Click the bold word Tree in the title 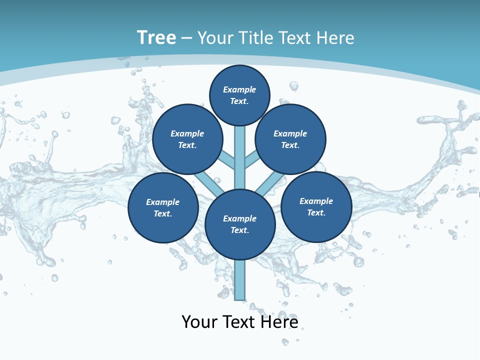(156, 37)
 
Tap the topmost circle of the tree (239, 95)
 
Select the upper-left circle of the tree (187, 139)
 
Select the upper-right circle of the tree (290, 139)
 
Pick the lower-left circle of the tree (163, 207)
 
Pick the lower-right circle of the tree (316, 206)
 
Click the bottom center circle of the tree (240, 224)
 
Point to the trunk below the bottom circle (240, 280)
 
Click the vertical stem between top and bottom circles (240, 157)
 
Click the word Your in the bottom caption (199, 321)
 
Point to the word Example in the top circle (239, 89)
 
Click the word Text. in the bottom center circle (239, 230)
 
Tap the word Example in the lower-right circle (316, 201)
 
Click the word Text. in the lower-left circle (162, 214)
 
